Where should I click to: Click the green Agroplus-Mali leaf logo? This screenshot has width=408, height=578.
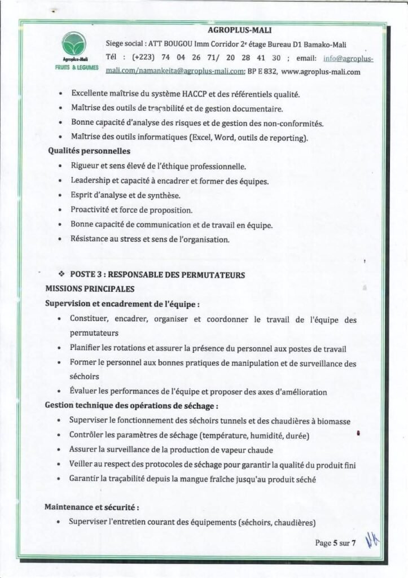pos(74,44)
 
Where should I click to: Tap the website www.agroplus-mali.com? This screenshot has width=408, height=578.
pos(320,72)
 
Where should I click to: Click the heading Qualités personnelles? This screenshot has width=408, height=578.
pos(89,151)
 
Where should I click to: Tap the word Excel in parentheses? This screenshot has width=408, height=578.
pos(203,137)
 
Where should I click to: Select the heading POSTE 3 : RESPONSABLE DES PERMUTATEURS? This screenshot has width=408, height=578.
pos(157,275)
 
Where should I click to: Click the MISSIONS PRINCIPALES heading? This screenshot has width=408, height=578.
pos(90,288)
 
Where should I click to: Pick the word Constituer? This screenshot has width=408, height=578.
pos(89,319)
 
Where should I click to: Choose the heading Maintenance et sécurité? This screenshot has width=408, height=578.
pos(91,507)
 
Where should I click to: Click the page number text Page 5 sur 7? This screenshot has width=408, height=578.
pos(336,544)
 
